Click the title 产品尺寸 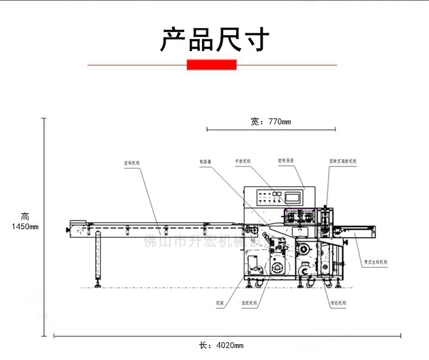click(x=214, y=39)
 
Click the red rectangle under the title click(x=212, y=65)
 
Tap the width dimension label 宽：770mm click(x=271, y=122)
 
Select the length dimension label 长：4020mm click(x=221, y=345)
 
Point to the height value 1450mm click(x=25, y=226)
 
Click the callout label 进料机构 click(x=132, y=162)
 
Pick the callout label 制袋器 click(x=205, y=161)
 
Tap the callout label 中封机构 click(x=243, y=161)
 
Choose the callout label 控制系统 click(x=286, y=161)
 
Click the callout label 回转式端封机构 click(x=343, y=161)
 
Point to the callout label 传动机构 click(x=340, y=302)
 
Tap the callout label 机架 click(x=220, y=302)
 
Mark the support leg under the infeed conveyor click(x=98, y=257)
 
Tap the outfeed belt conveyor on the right click(x=356, y=232)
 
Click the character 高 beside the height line click(x=25, y=216)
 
